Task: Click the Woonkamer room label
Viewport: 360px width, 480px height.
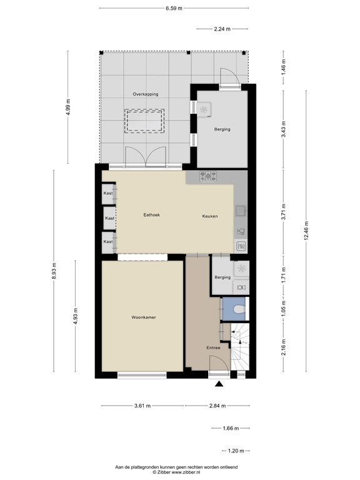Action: [x=144, y=317]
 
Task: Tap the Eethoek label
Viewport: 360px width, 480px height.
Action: [x=151, y=215]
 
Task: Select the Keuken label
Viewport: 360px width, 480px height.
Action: [x=210, y=216]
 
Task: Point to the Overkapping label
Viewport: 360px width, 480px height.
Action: [x=146, y=94]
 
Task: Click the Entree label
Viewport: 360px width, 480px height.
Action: [x=213, y=347]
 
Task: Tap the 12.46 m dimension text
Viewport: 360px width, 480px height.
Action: [x=306, y=231]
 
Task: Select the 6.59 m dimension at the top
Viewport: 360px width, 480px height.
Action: [x=174, y=8]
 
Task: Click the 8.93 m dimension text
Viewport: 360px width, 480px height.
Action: [x=54, y=271]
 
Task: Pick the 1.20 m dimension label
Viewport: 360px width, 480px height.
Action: [x=236, y=451]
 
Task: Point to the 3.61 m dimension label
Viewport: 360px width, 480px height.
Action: [x=142, y=406]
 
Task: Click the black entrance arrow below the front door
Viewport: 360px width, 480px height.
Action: [x=219, y=384]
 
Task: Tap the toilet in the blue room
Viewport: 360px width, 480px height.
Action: [x=239, y=309]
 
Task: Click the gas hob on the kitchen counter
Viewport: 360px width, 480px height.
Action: [x=208, y=176]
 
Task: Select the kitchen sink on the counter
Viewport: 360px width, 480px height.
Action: [x=241, y=211]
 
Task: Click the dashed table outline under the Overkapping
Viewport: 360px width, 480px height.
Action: [x=144, y=121]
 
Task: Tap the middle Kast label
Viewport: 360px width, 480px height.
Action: [x=109, y=218]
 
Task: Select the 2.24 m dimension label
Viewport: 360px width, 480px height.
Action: [x=222, y=29]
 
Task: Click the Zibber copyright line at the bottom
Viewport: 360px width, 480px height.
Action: [x=176, y=472]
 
